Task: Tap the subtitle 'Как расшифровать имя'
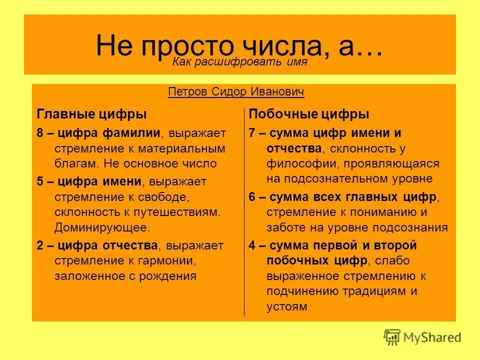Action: pyautogui.click(x=239, y=62)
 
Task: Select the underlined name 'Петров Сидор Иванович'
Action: pyautogui.click(x=236, y=92)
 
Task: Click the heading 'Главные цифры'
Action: pyautogui.click(x=92, y=114)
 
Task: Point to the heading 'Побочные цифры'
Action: pyautogui.click(x=309, y=114)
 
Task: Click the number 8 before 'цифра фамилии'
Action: pyautogui.click(x=40, y=133)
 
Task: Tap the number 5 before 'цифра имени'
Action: pyautogui.click(x=40, y=182)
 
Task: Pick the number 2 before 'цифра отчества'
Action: pyautogui.click(x=40, y=245)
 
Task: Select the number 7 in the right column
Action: pyautogui.click(x=252, y=133)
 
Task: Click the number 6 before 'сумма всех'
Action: pyautogui.click(x=252, y=197)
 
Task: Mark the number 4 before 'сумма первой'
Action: pyautogui.click(x=252, y=245)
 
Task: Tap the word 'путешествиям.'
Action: pyautogui.click(x=180, y=211)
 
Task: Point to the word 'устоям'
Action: pyautogui.click(x=286, y=306)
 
